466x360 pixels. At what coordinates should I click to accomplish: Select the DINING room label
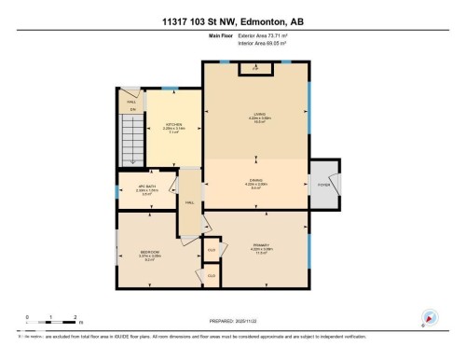pyautogui.click(x=257, y=181)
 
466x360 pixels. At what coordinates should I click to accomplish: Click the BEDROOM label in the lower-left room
pyautogui.click(x=149, y=252)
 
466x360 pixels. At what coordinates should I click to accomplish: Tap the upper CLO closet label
pyautogui.click(x=212, y=250)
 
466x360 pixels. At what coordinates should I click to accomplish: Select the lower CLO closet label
pyautogui.click(x=212, y=275)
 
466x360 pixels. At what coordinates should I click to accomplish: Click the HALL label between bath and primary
pyautogui.click(x=189, y=201)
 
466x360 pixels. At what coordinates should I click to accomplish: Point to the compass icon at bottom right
pyautogui.click(x=430, y=317)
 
